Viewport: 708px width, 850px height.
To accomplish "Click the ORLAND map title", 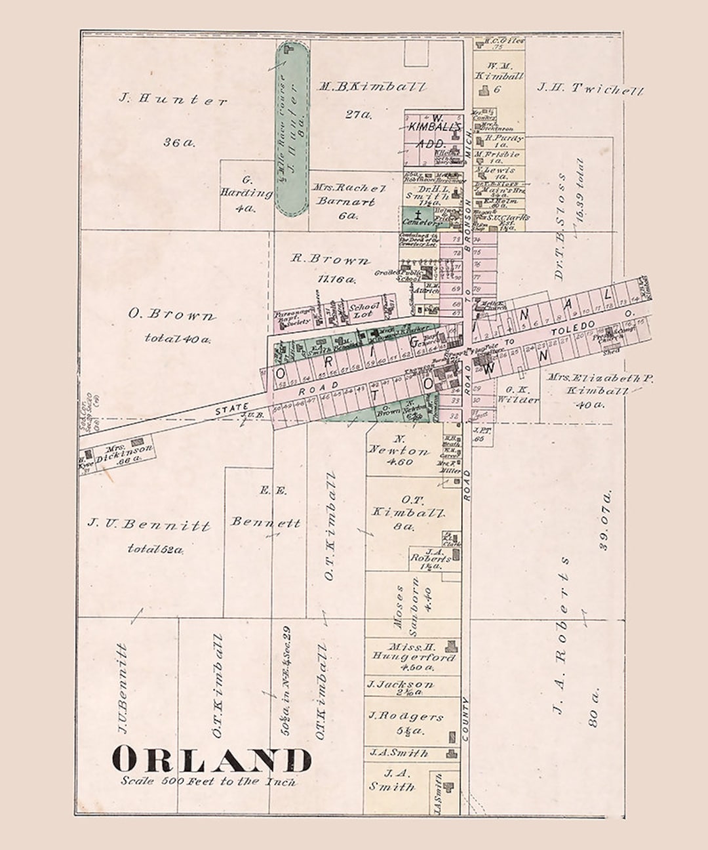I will point(211,760).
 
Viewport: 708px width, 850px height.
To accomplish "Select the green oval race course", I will point(292,129).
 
